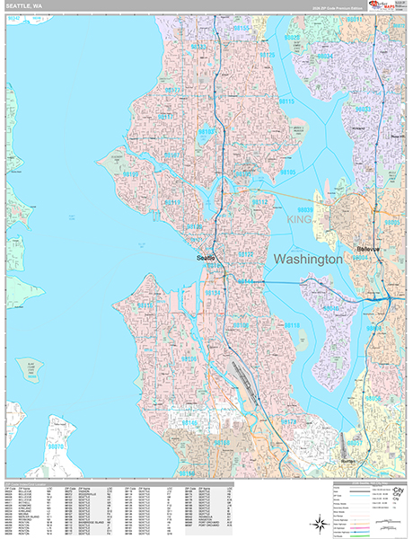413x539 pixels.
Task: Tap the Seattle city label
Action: coord(207,258)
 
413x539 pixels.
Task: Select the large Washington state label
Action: coord(307,259)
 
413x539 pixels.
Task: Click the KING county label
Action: coord(300,218)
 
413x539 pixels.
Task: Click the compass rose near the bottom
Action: coord(318,522)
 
